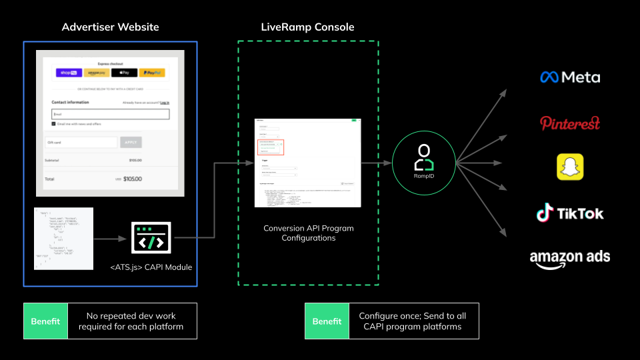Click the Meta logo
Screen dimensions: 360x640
coord(570,77)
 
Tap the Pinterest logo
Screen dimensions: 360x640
coord(570,123)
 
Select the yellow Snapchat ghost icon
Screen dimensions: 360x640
coord(570,167)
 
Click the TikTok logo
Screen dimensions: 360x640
coord(570,213)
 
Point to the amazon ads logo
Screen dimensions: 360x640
coord(570,257)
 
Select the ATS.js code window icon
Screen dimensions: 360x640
coord(152,237)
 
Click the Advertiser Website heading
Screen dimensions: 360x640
coord(111,27)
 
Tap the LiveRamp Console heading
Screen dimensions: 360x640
coord(308,27)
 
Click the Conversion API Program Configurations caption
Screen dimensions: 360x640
coord(309,233)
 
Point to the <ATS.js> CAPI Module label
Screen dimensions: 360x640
coord(152,268)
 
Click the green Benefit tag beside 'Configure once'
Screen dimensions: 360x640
coord(327,321)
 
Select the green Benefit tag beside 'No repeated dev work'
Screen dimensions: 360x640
coord(46,321)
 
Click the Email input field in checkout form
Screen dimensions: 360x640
coord(110,114)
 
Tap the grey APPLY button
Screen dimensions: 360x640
coord(130,142)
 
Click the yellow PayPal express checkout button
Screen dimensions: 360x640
coord(153,73)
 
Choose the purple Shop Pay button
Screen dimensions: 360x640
coord(69,73)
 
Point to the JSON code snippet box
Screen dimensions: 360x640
coord(63,239)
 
